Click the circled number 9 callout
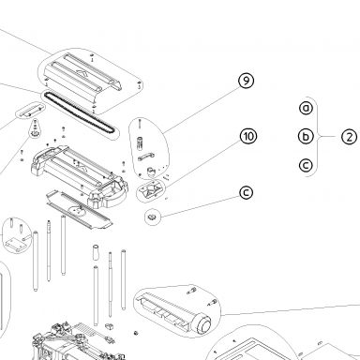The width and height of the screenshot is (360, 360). [247, 81]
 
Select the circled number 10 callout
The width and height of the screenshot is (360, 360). [248, 137]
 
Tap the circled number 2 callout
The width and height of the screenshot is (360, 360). [349, 137]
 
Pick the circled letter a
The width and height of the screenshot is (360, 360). [306, 108]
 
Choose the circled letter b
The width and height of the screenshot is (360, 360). [306, 136]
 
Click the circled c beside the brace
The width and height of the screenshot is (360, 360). [306, 165]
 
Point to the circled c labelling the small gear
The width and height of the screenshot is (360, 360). [247, 192]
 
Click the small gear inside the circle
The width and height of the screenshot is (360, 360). [153, 217]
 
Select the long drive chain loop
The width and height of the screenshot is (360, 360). [80, 112]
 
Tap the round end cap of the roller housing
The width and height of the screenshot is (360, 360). [203, 326]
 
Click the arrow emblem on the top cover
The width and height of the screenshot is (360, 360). [82, 73]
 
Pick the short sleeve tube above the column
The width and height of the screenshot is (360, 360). [96, 252]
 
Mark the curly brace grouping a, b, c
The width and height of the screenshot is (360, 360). [318, 137]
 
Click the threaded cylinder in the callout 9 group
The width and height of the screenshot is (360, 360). [140, 143]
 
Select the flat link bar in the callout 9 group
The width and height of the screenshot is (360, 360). [145, 157]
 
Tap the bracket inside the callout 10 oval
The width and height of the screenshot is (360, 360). [151, 189]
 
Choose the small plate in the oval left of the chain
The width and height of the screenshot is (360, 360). [30, 111]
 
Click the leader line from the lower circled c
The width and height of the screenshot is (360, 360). [200, 206]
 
